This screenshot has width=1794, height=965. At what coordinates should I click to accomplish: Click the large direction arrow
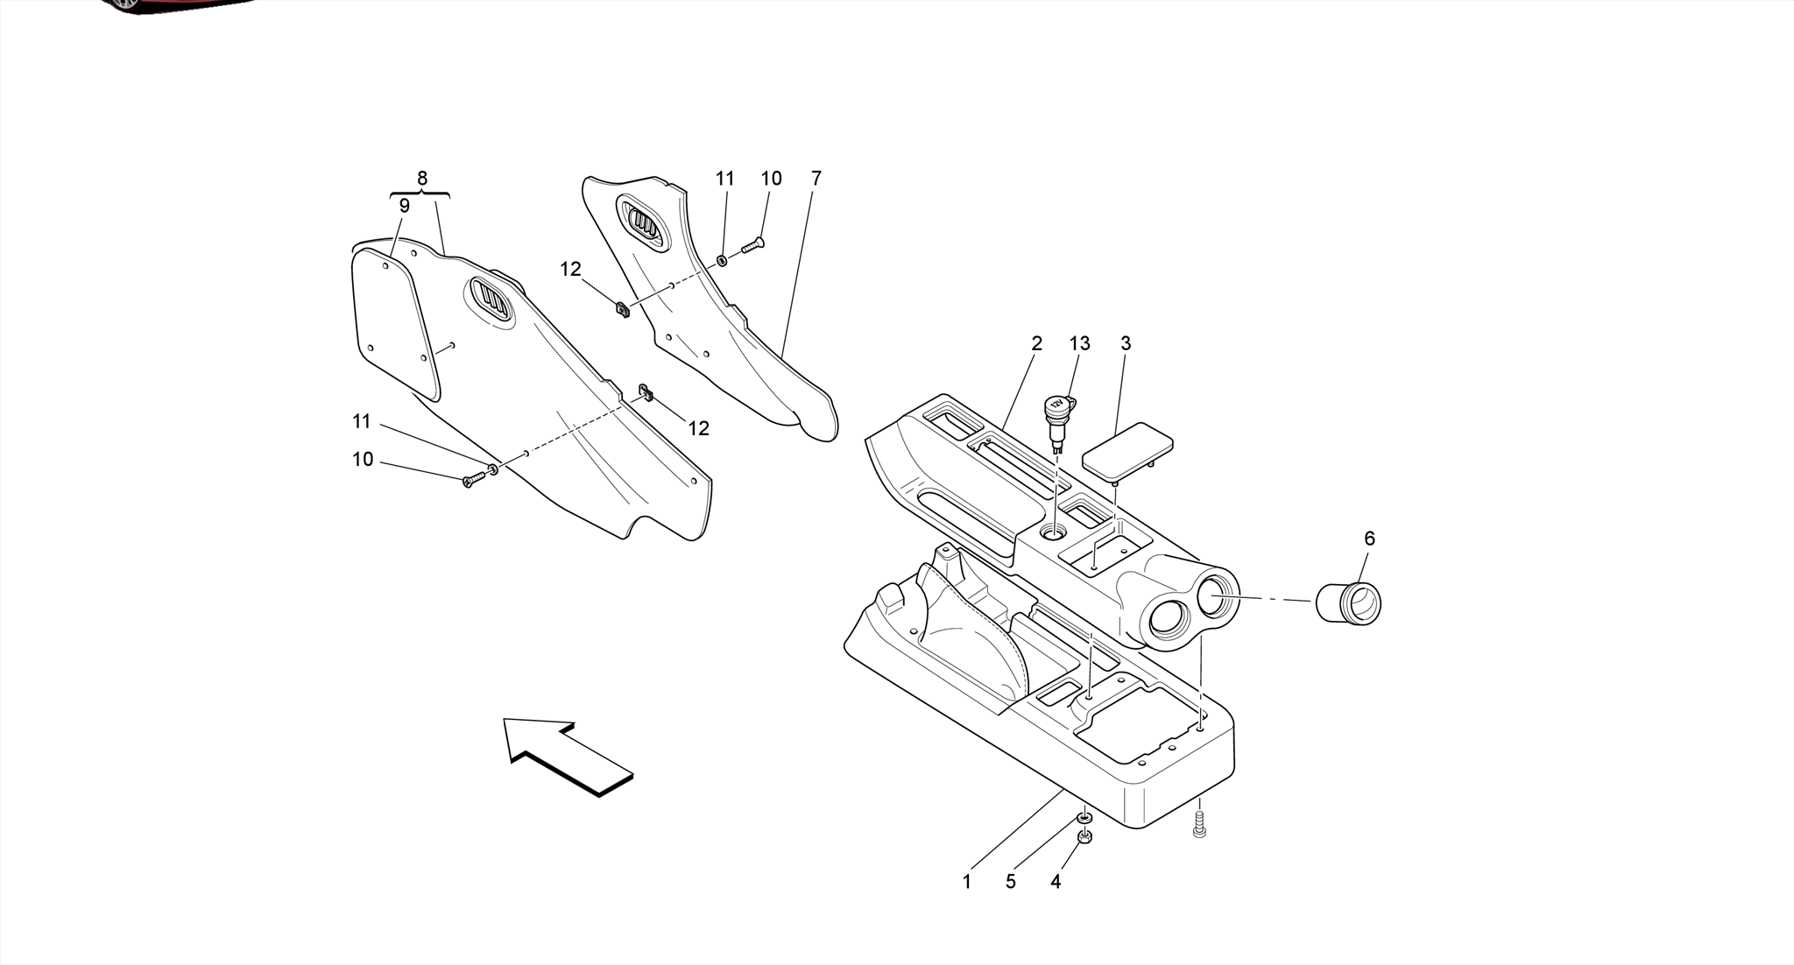(566, 757)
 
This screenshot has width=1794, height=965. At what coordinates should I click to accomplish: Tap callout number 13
(1079, 344)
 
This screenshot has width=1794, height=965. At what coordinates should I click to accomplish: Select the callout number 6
(1369, 539)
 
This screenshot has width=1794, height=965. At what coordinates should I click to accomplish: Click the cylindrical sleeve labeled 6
(1349, 604)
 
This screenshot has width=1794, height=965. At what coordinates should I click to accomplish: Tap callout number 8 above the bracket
(422, 179)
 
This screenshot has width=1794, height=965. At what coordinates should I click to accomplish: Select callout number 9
(404, 207)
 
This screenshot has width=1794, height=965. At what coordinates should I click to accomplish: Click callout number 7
(816, 179)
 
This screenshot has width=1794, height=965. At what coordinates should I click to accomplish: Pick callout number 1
(967, 882)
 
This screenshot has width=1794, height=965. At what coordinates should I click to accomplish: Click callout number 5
(1011, 882)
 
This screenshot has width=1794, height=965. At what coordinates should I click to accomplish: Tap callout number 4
(1056, 882)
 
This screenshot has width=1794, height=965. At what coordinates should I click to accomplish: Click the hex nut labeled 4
(1084, 836)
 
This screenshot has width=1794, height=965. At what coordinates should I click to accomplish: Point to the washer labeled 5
(1084, 818)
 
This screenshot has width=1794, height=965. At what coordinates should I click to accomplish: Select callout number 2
(1037, 344)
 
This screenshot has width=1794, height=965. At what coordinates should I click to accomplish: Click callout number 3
(1126, 344)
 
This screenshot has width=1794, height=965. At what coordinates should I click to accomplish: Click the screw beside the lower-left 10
(473, 478)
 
